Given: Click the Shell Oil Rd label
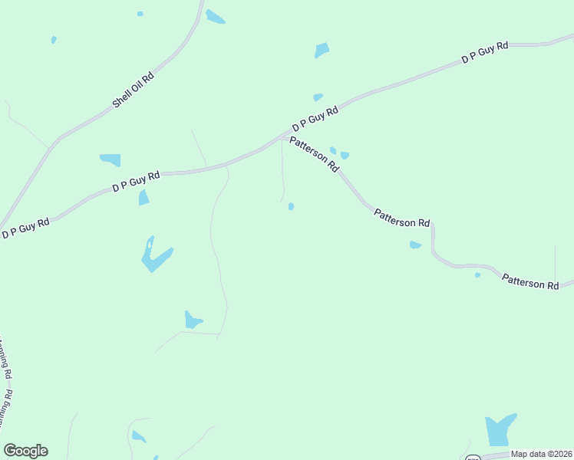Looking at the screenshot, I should point(134,89).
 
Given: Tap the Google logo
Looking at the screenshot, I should point(25,451).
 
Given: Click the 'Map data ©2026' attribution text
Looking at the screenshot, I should point(542,454).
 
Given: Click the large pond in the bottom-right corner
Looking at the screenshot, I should point(499,430).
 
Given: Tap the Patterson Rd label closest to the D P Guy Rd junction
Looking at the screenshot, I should point(314,153).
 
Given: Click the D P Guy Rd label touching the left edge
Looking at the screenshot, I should point(25,228).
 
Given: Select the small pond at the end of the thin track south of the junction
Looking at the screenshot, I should point(291,206).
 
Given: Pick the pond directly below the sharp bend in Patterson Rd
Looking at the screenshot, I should point(415,245).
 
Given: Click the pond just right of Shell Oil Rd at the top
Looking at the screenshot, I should point(215,17).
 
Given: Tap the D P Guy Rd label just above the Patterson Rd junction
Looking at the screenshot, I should point(315,120).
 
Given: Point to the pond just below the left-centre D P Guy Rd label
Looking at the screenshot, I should point(143,198).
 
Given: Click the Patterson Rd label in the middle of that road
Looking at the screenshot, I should point(402,218).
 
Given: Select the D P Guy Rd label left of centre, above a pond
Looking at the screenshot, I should point(136,181).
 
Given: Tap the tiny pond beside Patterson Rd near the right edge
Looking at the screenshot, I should point(477,274).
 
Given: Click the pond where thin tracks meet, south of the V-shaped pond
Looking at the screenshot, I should point(192,320).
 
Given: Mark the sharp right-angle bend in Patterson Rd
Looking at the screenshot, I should point(432,225).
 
